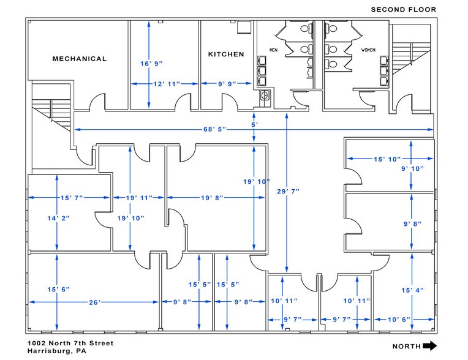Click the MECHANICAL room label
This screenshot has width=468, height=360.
coord(80,59)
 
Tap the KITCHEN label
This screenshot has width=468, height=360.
coord(226,54)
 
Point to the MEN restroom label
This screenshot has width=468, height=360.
coord(273,50)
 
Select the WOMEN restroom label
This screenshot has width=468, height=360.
coord(368,50)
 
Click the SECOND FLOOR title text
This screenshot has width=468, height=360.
coord(404,10)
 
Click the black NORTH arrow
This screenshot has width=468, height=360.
coord(430,346)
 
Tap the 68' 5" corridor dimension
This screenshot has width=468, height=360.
coord(214,129)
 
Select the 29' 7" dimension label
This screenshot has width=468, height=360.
coord(288,192)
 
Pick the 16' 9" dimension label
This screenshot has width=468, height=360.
coord(151,64)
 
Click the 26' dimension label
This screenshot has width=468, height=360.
coord(94,302)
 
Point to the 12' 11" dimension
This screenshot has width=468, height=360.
coord(167,84)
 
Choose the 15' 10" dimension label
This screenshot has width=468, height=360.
coord(387,159)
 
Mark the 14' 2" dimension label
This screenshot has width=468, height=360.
coord(58,219)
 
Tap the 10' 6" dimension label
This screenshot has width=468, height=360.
coord(399,320)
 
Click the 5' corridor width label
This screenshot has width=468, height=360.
coord(254,125)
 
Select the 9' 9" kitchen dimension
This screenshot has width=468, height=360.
coord(227,84)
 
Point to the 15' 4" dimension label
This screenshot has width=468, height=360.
coord(412,290)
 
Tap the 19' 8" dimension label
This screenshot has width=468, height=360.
coord(212,197)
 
